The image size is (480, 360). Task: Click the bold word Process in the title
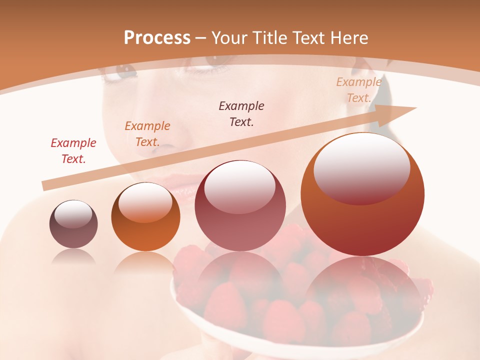(157, 38)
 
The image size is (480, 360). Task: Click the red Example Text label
(73, 151)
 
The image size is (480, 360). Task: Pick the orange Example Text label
(147, 134)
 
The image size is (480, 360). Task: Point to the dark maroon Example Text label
(241, 114)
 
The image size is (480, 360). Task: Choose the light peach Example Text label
(358, 90)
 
